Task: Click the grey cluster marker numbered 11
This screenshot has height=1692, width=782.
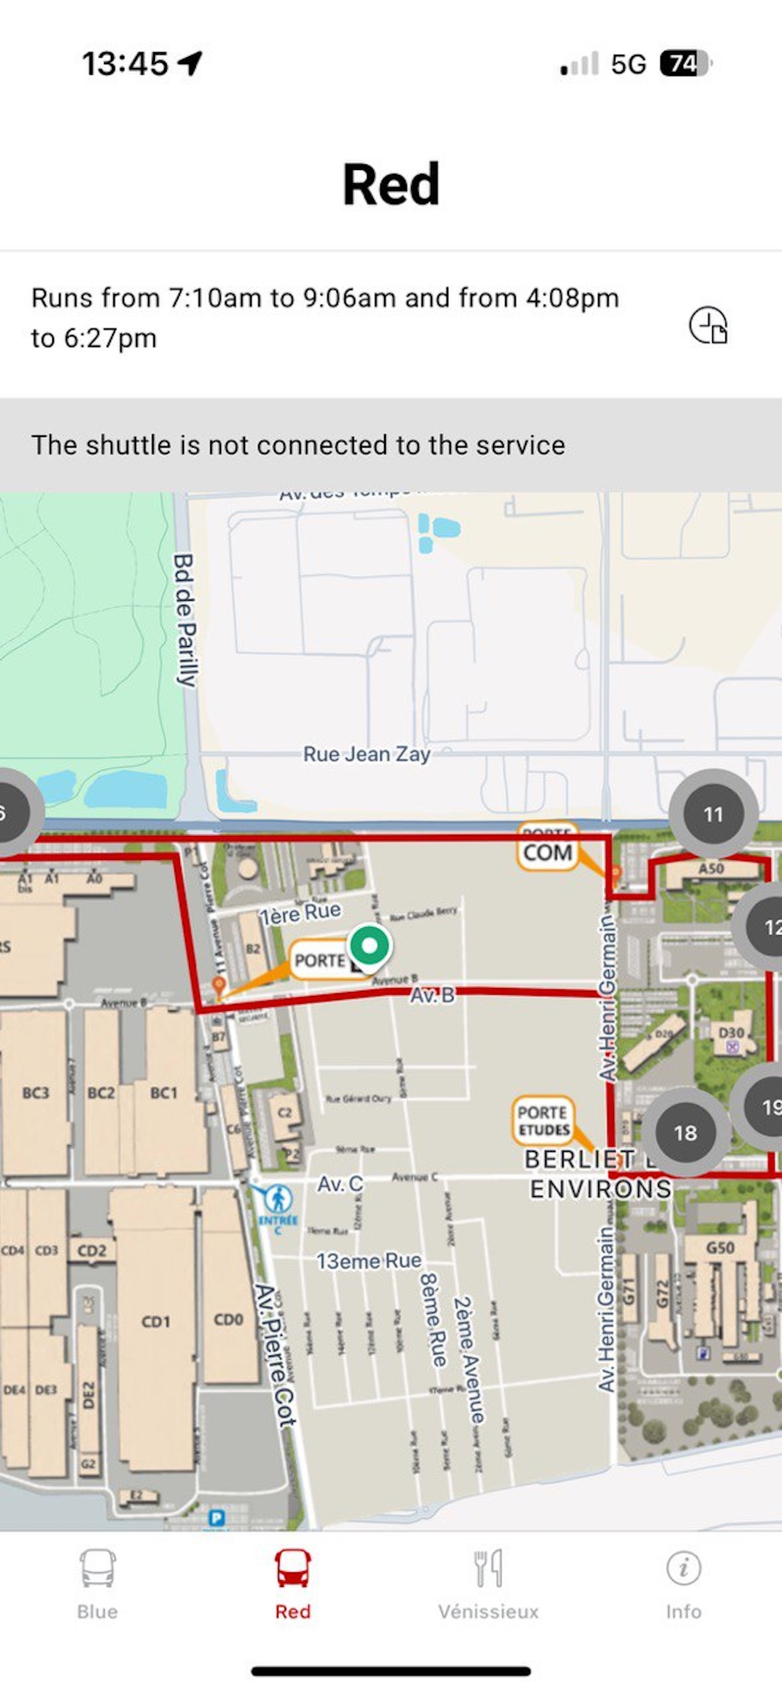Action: point(713,815)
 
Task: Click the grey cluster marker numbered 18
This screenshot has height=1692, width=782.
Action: point(685,1132)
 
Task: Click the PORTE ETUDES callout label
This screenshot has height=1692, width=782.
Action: point(543,1120)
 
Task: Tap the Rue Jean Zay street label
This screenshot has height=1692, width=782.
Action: point(366,754)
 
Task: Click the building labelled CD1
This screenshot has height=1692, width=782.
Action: point(156,1321)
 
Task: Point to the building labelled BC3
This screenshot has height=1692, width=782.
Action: point(35,1093)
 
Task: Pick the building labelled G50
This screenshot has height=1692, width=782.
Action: point(720,1248)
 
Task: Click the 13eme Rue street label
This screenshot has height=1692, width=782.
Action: point(369,1260)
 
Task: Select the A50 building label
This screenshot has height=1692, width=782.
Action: point(710,868)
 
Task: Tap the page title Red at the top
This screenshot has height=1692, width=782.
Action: point(391,184)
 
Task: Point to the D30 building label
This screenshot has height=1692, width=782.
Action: point(731,1032)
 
